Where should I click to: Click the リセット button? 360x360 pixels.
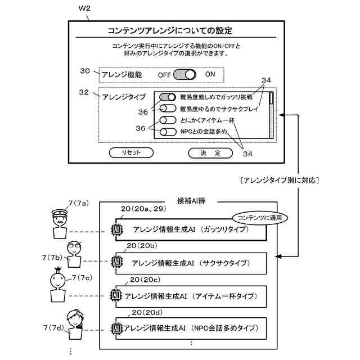click(131, 152)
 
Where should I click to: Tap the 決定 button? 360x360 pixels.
click(210, 153)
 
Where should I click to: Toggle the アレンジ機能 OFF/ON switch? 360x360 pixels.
click(184, 75)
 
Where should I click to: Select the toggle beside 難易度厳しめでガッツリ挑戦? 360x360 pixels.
click(168, 97)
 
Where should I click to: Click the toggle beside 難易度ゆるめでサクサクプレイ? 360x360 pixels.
click(168, 109)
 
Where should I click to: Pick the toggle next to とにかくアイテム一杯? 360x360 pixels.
click(168, 120)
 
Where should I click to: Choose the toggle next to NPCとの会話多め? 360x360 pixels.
click(168, 132)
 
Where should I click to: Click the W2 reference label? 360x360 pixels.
click(84, 8)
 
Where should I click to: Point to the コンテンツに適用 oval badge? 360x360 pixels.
click(260, 218)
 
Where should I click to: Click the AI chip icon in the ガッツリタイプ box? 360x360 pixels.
click(116, 229)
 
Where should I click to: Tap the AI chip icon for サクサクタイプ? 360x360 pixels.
click(116, 262)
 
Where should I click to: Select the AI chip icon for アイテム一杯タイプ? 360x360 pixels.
click(116, 295)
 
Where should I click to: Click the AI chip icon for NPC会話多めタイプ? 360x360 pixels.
click(116, 328)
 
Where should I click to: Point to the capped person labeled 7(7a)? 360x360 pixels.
click(60, 224)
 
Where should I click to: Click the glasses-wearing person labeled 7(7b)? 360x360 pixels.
click(74, 254)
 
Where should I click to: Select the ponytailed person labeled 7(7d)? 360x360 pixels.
click(75, 325)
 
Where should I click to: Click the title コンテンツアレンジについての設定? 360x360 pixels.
click(170, 30)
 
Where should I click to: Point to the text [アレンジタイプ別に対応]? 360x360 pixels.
click(280, 180)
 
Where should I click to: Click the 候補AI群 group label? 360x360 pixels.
click(191, 201)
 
